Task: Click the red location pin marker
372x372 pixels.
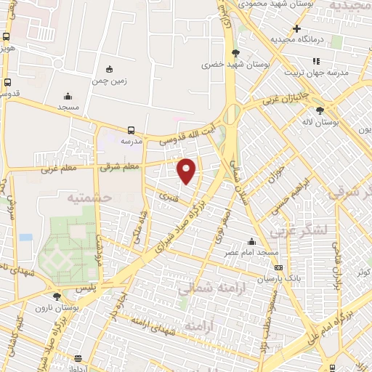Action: pyautogui.click(x=187, y=170)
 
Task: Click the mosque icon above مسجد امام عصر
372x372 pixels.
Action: pyautogui.click(x=252, y=241)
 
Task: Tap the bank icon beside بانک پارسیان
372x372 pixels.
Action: pyautogui.click(x=278, y=267)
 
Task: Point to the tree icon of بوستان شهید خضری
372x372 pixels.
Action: pyautogui.click(x=235, y=52)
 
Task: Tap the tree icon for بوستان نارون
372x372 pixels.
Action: pyautogui.click(x=57, y=296)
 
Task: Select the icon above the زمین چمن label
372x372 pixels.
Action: pyautogui.click(x=109, y=69)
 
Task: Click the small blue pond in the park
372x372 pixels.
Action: pyautogui.click(x=26, y=238)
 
